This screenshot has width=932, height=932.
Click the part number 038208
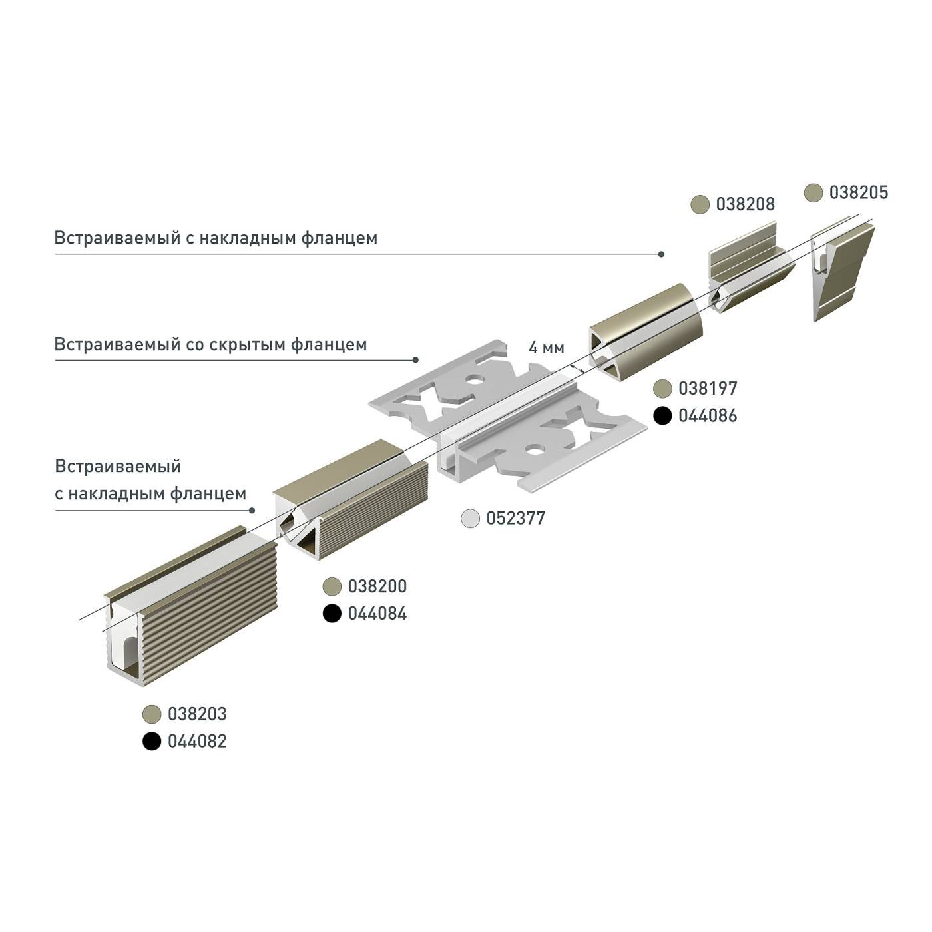[745, 204]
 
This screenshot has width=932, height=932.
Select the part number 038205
[858, 193]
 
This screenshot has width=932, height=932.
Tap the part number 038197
[708, 389]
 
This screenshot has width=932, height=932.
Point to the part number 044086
[708, 416]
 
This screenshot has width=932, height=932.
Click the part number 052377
[515, 519]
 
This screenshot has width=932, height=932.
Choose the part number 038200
[377, 586]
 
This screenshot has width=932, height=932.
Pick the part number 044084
[377, 614]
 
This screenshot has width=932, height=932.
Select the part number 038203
[197, 714]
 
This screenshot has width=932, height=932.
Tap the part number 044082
[197, 742]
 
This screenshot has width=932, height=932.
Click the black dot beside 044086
[662, 416]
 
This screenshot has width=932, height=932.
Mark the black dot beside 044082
[152, 742]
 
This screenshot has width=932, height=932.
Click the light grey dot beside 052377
[471, 519]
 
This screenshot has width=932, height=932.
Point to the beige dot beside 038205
[814, 193]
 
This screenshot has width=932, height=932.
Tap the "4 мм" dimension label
[546, 348]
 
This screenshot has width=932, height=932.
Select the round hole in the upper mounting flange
[474, 381]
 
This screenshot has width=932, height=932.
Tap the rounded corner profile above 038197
[649, 333]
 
